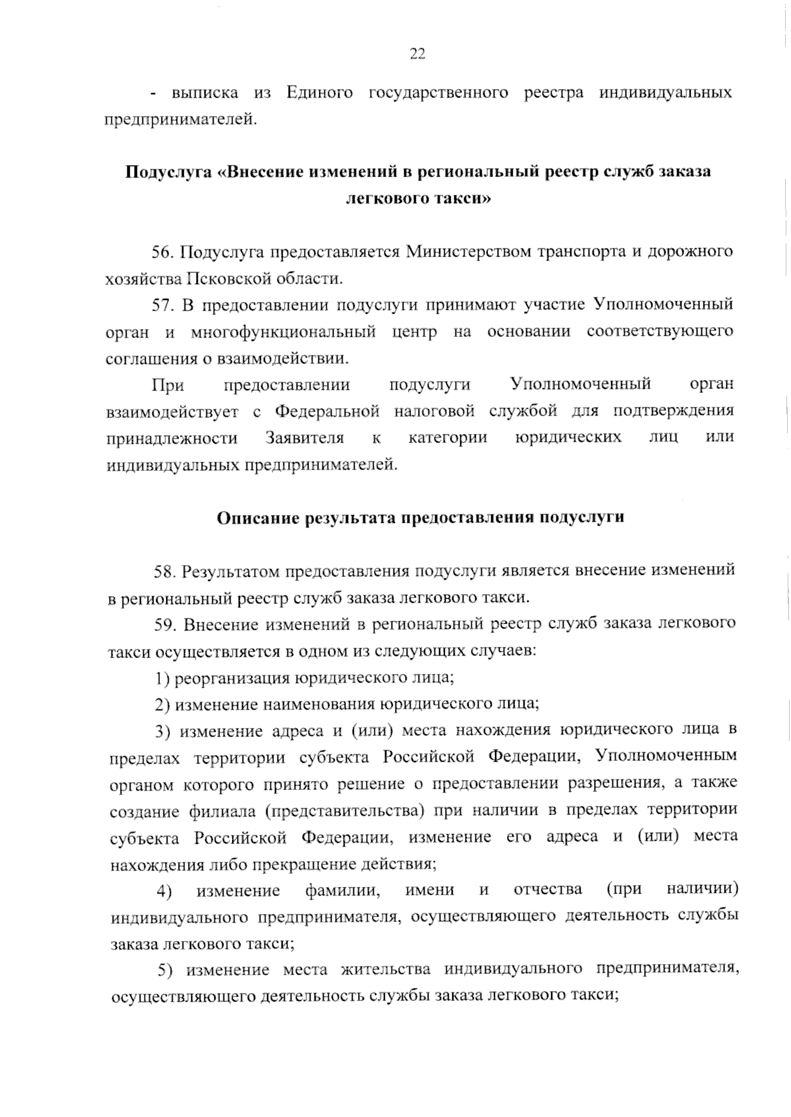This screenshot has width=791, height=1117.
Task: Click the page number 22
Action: click(x=417, y=54)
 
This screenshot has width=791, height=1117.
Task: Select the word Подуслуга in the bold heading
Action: click(x=167, y=172)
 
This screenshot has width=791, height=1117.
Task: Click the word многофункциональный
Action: click(x=283, y=332)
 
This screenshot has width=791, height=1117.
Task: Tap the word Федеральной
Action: click(x=327, y=411)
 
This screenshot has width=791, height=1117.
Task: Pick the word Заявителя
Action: click(x=305, y=438)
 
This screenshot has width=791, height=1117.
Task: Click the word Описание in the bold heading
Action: click(x=257, y=518)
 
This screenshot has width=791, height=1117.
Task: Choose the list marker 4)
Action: click(x=164, y=891)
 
